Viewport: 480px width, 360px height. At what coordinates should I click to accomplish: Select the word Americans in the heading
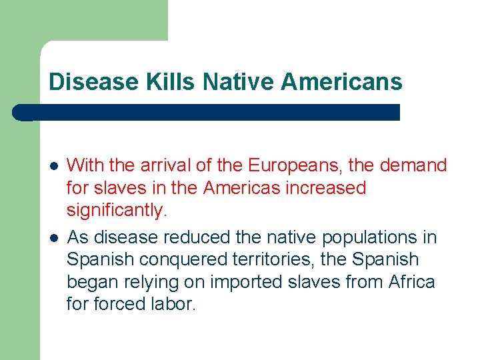342,82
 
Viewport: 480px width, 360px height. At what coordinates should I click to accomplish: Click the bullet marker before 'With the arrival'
53,165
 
